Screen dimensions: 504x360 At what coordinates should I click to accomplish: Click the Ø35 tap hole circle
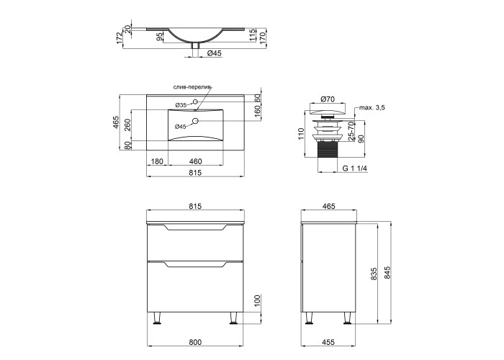pos(195,102)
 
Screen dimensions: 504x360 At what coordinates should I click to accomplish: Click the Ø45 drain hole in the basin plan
pos(195,121)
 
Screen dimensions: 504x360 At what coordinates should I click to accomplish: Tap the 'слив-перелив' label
pos(192,87)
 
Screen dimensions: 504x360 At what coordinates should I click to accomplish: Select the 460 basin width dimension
pos(195,161)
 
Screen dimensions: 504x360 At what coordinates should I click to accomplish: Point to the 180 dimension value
pos(157,161)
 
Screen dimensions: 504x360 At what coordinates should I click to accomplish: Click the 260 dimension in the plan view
pos(127,125)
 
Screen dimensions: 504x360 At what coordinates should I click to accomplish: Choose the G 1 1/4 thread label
pos(355,168)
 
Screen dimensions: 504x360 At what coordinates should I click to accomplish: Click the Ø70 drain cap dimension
pos(328,99)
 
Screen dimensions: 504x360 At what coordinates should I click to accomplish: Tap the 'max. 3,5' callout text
pos(372,108)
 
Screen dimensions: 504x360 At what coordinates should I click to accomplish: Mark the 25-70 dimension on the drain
pos(351,130)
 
